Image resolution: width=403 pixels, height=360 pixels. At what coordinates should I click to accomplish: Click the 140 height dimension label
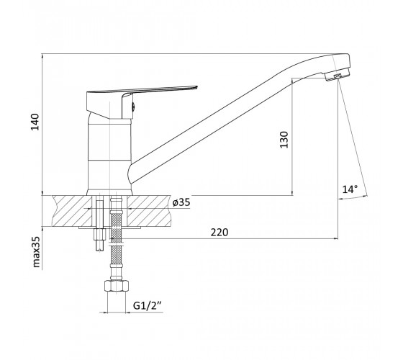(x=35, y=122)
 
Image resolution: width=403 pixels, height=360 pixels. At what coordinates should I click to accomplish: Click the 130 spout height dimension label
(x=284, y=140)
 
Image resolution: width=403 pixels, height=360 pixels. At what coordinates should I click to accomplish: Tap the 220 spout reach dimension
(x=219, y=232)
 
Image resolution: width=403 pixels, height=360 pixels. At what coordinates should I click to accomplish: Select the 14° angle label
(x=350, y=189)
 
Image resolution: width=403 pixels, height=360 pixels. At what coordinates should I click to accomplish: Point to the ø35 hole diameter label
(x=181, y=202)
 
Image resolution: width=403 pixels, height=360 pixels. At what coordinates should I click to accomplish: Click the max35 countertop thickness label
(x=37, y=252)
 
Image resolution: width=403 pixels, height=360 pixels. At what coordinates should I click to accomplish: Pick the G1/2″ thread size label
(x=147, y=306)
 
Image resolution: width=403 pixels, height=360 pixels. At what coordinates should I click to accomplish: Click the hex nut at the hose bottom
(x=117, y=286)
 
